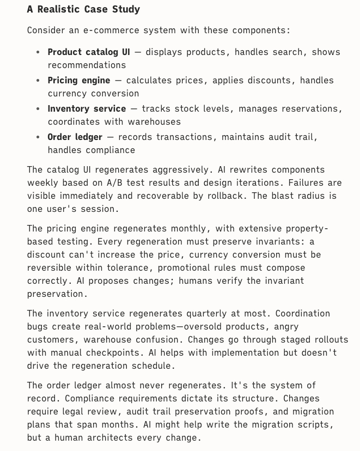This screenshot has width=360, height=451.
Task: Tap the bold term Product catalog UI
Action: pos(89,52)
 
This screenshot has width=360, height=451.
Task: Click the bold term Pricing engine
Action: pos(79,81)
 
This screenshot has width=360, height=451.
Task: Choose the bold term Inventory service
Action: pos(87,109)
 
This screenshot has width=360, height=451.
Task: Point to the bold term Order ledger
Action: pos(75,137)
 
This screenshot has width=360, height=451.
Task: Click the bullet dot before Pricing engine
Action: pos(38,81)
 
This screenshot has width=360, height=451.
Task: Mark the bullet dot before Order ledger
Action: pos(38,137)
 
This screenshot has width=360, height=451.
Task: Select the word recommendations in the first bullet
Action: pos(87,65)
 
